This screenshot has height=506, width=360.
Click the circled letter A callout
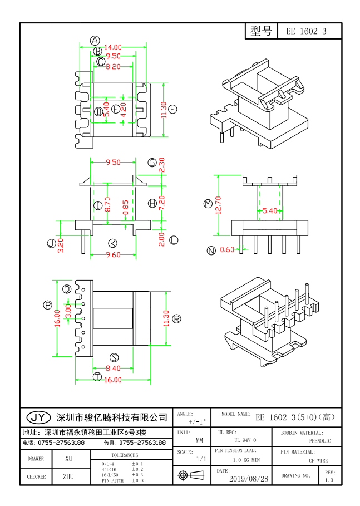coord(95,41)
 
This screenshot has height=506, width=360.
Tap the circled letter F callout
coord(173,109)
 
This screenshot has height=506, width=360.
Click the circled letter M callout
coord(208,204)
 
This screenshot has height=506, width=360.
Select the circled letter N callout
coord(211,250)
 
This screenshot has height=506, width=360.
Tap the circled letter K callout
coord(113,243)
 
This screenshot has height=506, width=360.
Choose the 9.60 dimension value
coord(113,254)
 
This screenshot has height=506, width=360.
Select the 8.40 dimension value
coord(113,368)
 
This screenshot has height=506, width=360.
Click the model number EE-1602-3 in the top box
coord(306,32)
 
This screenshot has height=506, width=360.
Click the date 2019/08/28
coord(248,478)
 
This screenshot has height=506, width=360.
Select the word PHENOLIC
coord(320,440)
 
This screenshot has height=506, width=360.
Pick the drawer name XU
coord(69,459)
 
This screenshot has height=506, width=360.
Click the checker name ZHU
coord(68,476)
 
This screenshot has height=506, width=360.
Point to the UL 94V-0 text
coord(241,440)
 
